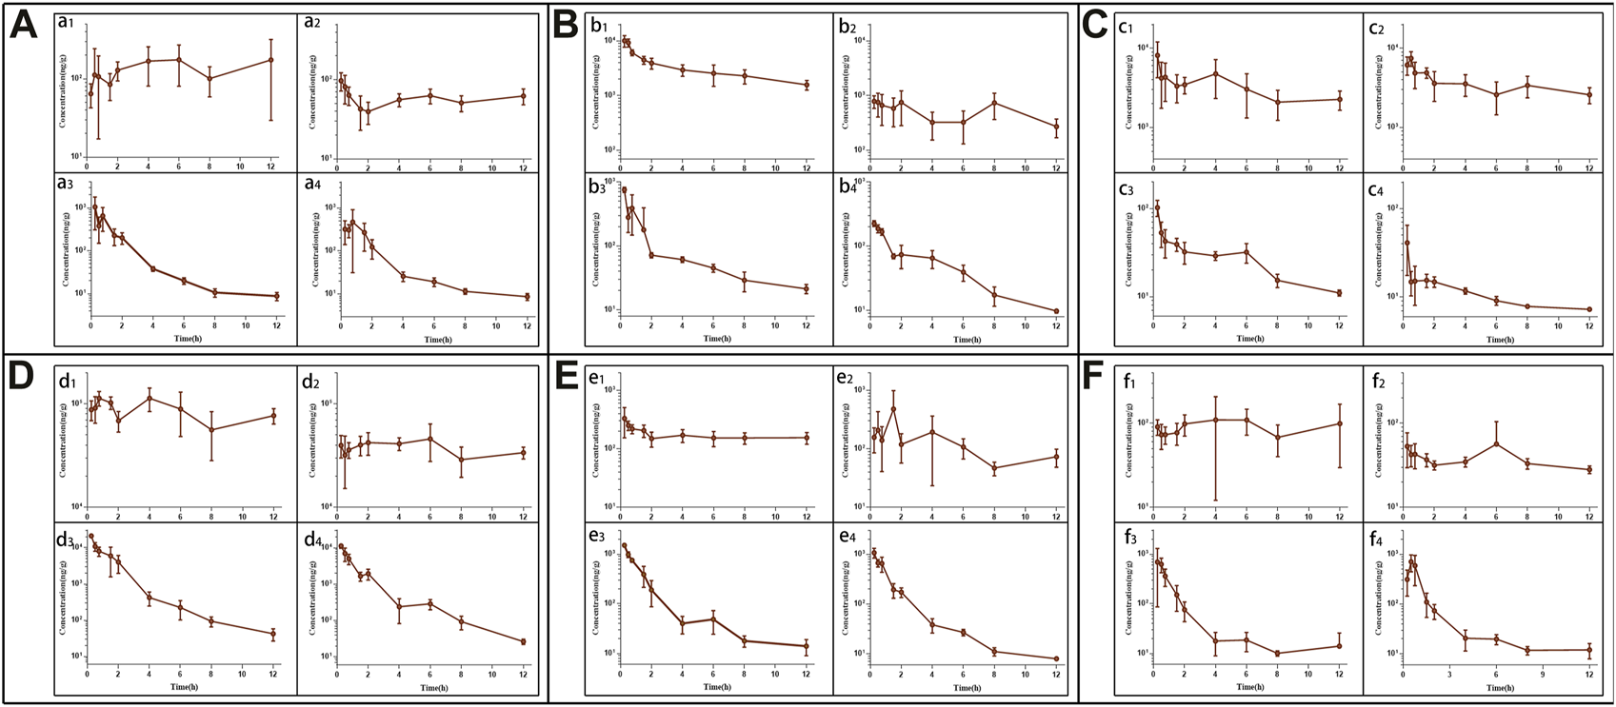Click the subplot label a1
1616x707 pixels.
[67, 28]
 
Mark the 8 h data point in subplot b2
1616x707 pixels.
[994, 103]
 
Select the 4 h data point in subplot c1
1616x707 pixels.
[1215, 73]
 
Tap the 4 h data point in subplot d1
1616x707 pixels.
[150, 398]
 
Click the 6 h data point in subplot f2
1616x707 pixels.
[1496, 443]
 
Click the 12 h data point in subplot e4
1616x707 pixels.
[1056, 658]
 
